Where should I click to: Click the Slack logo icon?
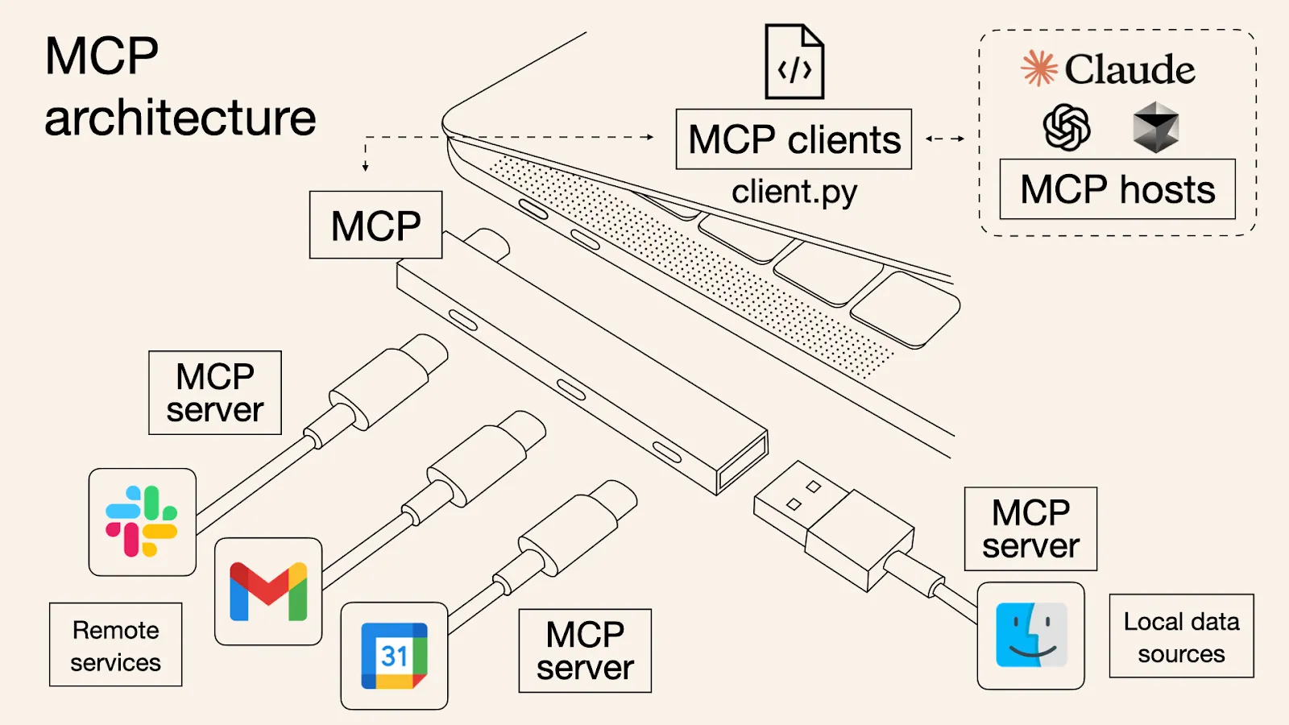(142, 521)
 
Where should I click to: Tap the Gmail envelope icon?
(268, 592)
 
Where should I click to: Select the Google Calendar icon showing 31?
(394, 656)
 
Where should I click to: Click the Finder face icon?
(1031, 636)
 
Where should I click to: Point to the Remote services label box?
(115, 644)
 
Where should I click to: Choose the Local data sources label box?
(1181, 636)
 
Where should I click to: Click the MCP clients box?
(794, 139)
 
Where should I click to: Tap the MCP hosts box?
(1117, 189)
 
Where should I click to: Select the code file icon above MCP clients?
(794, 63)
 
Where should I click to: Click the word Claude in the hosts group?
(1129, 69)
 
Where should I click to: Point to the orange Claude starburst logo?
(1039, 68)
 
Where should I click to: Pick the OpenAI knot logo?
(1067, 127)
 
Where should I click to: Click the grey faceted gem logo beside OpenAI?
(1156, 127)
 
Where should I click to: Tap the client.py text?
(794, 193)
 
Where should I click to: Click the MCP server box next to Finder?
(1030, 529)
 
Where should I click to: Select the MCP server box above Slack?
(215, 393)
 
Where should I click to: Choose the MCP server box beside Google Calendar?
(585, 651)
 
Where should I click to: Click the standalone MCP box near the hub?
(375, 225)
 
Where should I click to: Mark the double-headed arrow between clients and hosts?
(945, 139)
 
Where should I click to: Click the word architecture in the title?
(180, 118)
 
